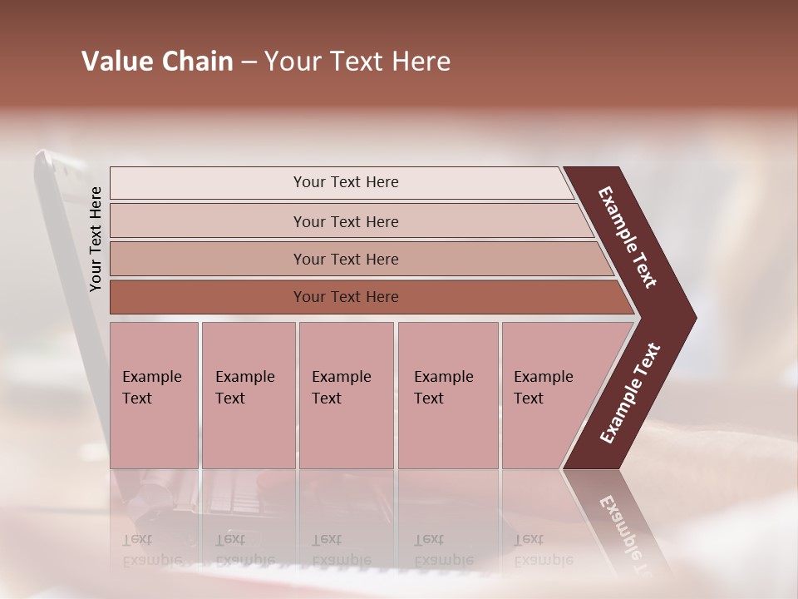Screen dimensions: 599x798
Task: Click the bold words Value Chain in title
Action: coord(157,62)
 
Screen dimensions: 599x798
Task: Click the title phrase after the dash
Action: coord(357,62)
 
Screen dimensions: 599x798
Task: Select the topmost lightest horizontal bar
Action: coord(208,183)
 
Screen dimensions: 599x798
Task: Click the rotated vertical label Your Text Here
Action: coord(96,240)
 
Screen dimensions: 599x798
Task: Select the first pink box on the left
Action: coord(154,395)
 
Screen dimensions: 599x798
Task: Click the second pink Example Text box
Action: coord(248,395)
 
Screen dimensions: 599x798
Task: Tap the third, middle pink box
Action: coord(346,395)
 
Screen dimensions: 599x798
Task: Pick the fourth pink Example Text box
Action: coord(447,395)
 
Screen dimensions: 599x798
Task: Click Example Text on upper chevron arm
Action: coord(628,237)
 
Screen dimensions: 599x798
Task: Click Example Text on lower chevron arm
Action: coord(630,394)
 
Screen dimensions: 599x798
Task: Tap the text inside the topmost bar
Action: coord(346,182)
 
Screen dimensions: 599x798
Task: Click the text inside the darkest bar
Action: coord(346,297)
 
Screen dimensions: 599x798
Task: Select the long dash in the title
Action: coord(249,62)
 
